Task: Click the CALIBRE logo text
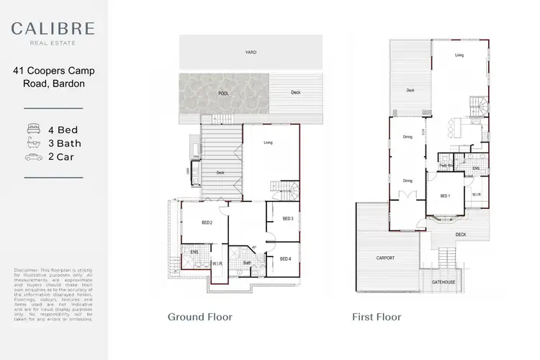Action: (x=53, y=29)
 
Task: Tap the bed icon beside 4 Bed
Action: (x=32, y=131)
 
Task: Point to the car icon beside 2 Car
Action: (x=32, y=157)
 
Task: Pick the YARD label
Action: (x=251, y=53)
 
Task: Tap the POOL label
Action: (x=223, y=93)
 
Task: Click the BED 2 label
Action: (x=206, y=222)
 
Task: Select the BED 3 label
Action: (x=287, y=218)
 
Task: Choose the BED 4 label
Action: (x=285, y=258)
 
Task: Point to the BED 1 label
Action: (x=446, y=196)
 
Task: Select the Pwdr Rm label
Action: (x=445, y=166)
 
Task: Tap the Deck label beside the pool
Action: (x=295, y=93)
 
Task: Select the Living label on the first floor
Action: (x=459, y=55)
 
